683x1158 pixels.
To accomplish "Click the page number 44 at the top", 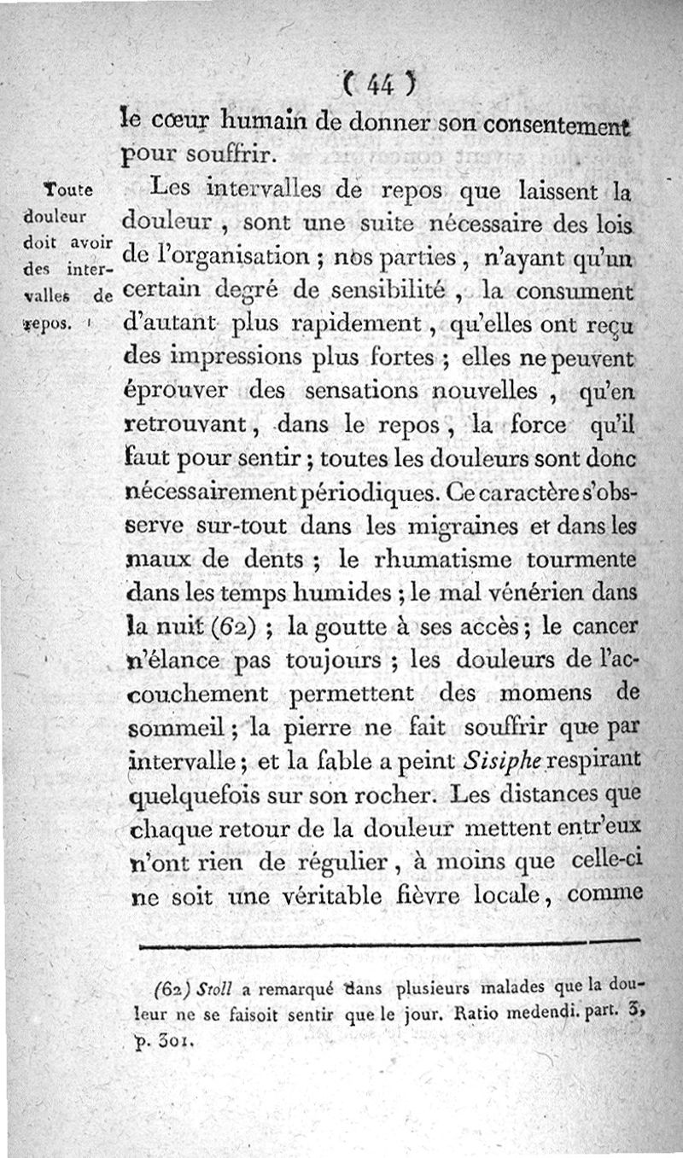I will pyautogui.click(x=379, y=85).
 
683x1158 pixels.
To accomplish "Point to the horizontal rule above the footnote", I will pyautogui.click(x=388, y=942).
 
